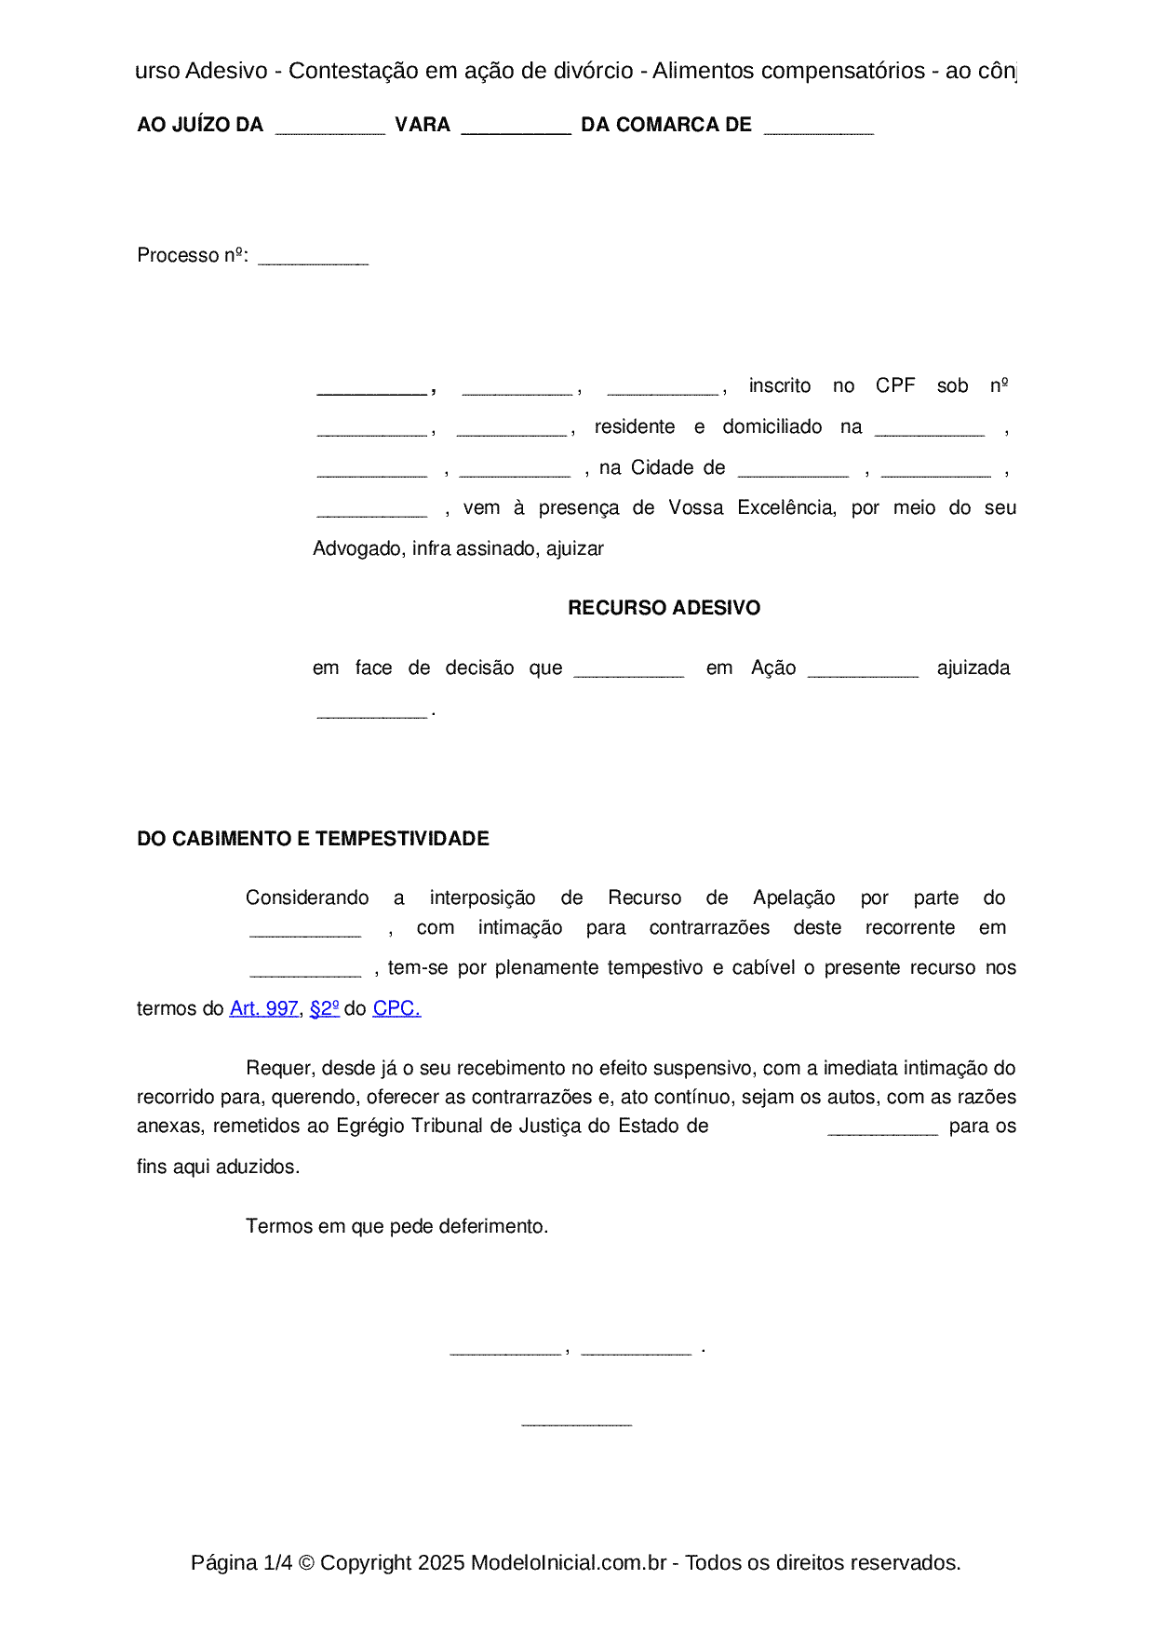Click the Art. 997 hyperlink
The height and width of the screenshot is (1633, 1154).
pyautogui.click(x=263, y=1008)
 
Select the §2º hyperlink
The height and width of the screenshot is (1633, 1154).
pyautogui.click(x=324, y=1008)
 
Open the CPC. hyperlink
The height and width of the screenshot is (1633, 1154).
pyautogui.click(x=396, y=1008)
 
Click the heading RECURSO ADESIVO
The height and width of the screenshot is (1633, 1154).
pyautogui.click(x=664, y=608)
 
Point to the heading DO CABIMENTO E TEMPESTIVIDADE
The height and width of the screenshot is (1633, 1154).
pyautogui.click(x=313, y=839)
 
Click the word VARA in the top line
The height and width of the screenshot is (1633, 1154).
pyautogui.click(x=423, y=126)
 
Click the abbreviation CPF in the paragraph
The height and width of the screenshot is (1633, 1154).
pyautogui.click(x=895, y=386)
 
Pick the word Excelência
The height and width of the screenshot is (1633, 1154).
pyautogui.click(x=786, y=508)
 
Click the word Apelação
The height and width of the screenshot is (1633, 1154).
pyautogui.click(x=794, y=898)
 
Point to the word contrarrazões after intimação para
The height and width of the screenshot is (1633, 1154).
pyautogui.click(x=709, y=928)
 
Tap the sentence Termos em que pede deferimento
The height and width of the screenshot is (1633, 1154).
pyautogui.click(x=396, y=1226)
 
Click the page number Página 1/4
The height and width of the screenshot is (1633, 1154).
pyautogui.click(x=241, y=1562)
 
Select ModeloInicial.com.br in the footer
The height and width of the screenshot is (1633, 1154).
pyautogui.click(x=568, y=1562)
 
